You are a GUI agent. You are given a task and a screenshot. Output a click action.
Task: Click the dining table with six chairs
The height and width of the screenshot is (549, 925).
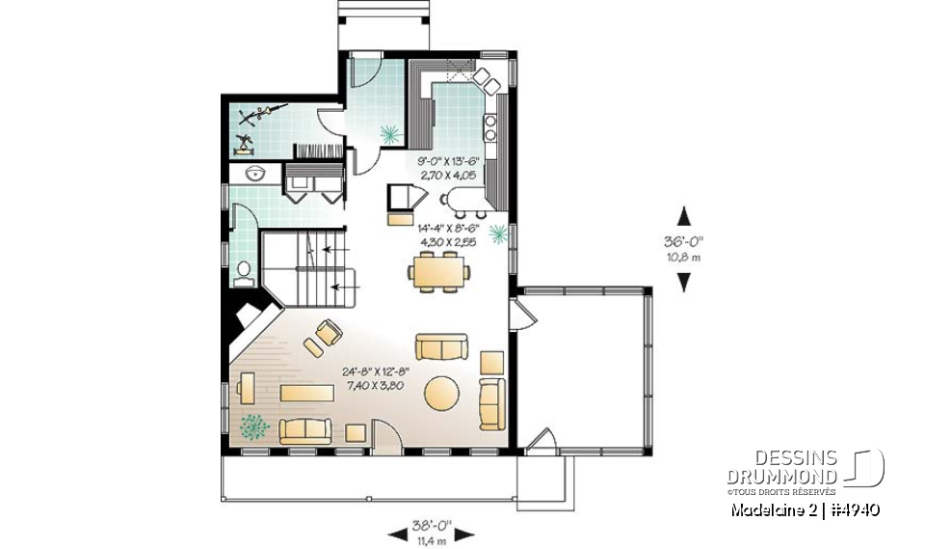(438, 271)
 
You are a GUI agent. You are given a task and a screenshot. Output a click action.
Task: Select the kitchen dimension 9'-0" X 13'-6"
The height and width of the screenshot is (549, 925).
(451, 161)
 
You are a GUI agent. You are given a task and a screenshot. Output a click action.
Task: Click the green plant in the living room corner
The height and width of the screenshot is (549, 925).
(255, 425)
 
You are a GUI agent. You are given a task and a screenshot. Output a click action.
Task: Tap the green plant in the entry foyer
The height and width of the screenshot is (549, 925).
(390, 133)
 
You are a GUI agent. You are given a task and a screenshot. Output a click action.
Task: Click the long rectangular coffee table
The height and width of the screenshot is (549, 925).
(307, 392)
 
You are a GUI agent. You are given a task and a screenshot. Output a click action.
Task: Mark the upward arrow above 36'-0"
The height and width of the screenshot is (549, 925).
(684, 214)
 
